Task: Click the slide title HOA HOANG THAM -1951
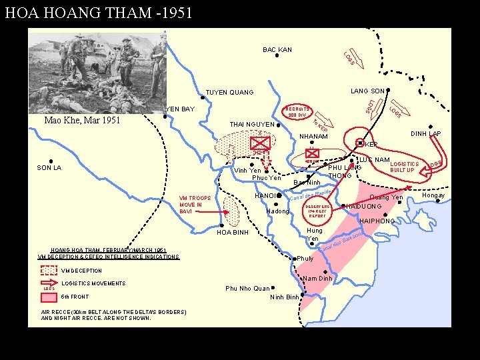pyautogui.click(x=98, y=12)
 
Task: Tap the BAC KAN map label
pyautogui.click(x=277, y=50)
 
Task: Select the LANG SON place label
pyautogui.click(x=367, y=91)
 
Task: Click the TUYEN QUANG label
pyautogui.click(x=229, y=92)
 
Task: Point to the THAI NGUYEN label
pyautogui.click(x=251, y=125)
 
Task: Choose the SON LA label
pyautogui.click(x=49, y=168)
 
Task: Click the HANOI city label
pyautogui.click(x=267, y=196)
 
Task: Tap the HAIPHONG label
pyautogui.click(x=377, y=221)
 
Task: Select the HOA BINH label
pyautogui.click(x=233, y=233)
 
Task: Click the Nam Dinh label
pyautogui.click(x=317, y=278)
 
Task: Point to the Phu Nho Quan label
pyautogui.click(x=247, y=289)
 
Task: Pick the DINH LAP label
pyautogui.click(x=426, y=134)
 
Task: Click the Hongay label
pyautogui.click(x=433, y=195)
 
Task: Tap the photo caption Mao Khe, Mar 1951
pyautogui.click(x=82, y=121)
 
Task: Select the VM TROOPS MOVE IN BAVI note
pyautogui.click(x=195, y=205)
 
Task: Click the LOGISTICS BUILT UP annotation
pyautogui.click(x=405, y=167)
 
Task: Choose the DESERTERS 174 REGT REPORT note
pyautogui.click(x=317, y=211)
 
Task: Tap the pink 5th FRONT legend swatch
pyautogui.click(x=49, y=297)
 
